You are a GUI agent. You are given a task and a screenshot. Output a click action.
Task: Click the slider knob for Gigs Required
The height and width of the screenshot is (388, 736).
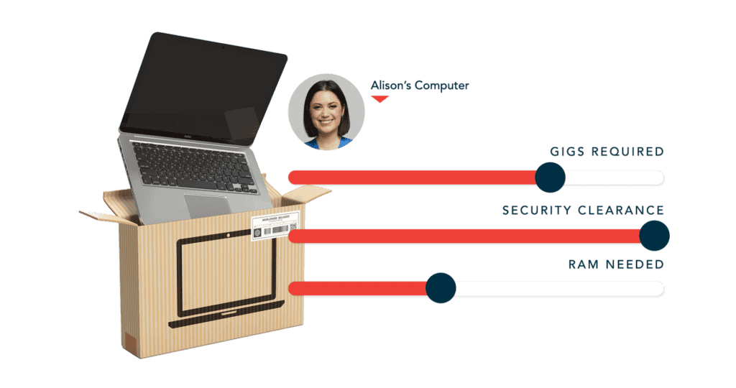point(551,177)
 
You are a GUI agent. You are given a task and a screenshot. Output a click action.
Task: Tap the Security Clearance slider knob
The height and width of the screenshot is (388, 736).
point(654,236)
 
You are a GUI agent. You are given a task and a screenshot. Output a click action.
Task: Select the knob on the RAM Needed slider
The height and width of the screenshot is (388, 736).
point(441,288)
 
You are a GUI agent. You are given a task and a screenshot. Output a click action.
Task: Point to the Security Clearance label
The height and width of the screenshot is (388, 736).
point(583,211)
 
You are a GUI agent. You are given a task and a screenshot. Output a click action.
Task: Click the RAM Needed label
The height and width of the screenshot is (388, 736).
point(615,264)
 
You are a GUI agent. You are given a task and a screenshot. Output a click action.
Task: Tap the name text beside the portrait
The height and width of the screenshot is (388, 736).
point(419,86)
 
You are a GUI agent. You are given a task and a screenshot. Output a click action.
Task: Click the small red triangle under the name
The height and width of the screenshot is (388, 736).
point(379,98)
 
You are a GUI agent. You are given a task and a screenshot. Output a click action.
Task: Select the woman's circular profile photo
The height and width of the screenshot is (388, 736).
point(326,111)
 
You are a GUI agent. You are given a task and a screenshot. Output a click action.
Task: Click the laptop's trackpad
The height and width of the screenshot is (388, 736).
point(206,206)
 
